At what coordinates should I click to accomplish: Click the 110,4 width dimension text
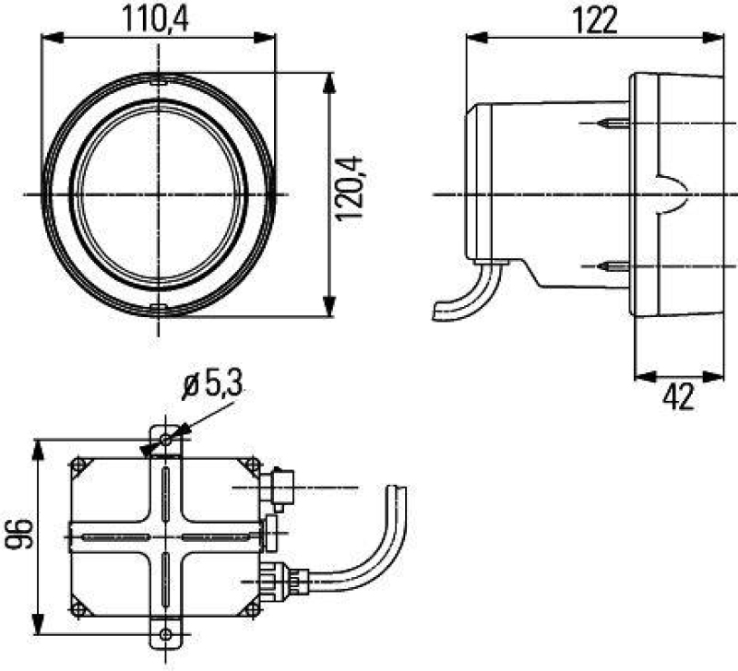[159, 18]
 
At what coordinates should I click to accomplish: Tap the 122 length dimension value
[594, 19]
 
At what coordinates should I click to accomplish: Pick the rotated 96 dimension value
[18, 535]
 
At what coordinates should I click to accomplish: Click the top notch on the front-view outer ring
[159, 81]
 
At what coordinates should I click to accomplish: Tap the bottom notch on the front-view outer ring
[159, 308]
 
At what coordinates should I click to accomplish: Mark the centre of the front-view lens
[159, 194]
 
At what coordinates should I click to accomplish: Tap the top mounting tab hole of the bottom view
[165, 441]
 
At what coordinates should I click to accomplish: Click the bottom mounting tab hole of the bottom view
[165, 633]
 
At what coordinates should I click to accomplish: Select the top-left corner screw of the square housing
[80, 465]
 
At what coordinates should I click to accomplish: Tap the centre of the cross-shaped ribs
[165, 535]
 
